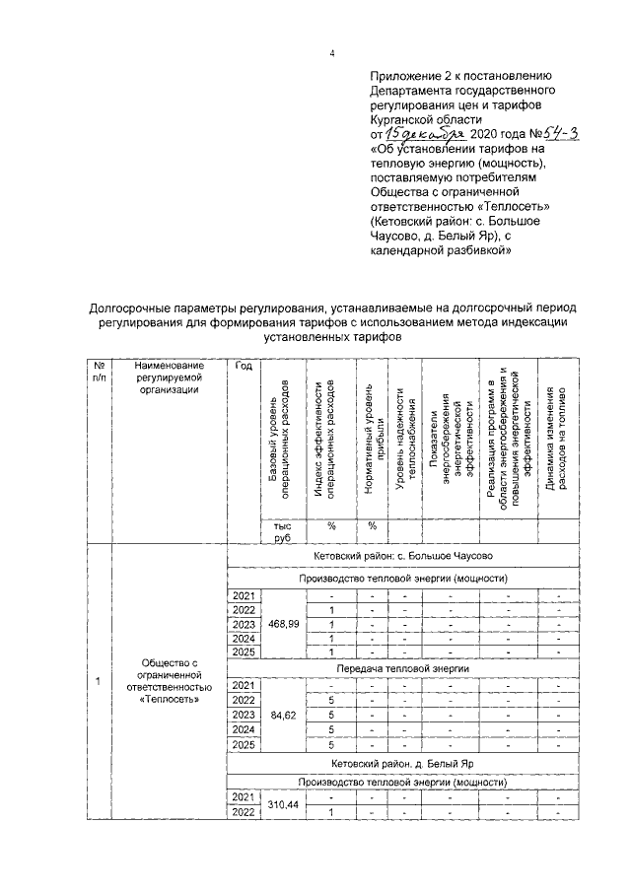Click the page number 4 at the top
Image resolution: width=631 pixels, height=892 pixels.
[x=332, y=53]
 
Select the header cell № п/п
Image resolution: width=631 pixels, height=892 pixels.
[x=99, y=372]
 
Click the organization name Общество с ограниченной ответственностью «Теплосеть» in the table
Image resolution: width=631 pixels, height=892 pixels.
[x=169, y=681]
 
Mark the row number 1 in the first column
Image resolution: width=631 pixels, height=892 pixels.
[x=98, y=681]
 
